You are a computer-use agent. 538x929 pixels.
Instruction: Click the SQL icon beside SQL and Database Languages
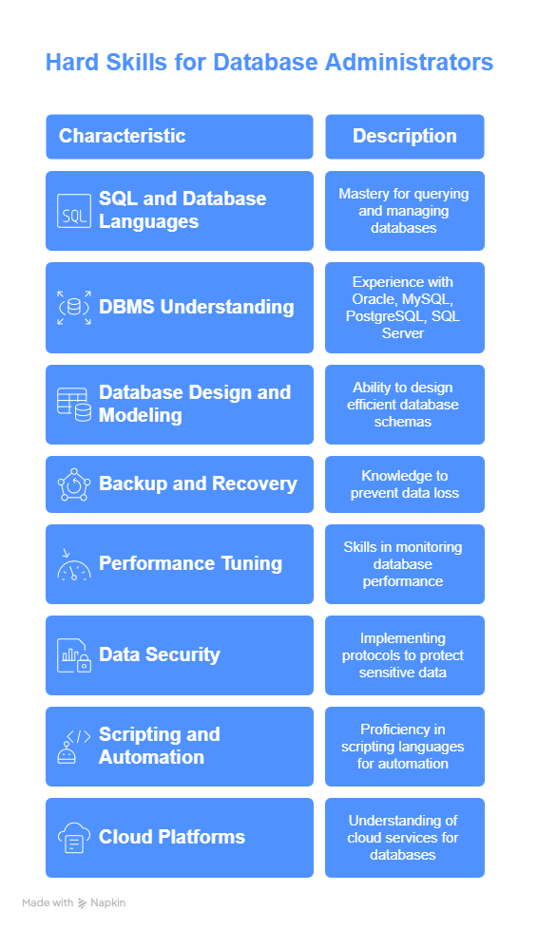(74, 211)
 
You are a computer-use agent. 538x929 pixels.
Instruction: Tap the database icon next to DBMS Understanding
(74, 308)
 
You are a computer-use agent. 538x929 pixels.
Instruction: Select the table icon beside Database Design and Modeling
(74, 405)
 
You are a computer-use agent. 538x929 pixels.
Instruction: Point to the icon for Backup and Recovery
(74, 484)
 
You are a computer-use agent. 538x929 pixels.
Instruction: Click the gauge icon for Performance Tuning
(74, 564)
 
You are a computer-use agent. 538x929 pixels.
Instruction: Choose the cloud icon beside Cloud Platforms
(74, 837)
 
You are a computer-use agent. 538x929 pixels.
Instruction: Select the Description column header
(405, 136)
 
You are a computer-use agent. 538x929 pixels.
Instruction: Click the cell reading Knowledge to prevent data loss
(405, 484)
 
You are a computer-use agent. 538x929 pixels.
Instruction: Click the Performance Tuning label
(190, 563)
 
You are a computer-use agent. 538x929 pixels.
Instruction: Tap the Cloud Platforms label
(172, 837)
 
